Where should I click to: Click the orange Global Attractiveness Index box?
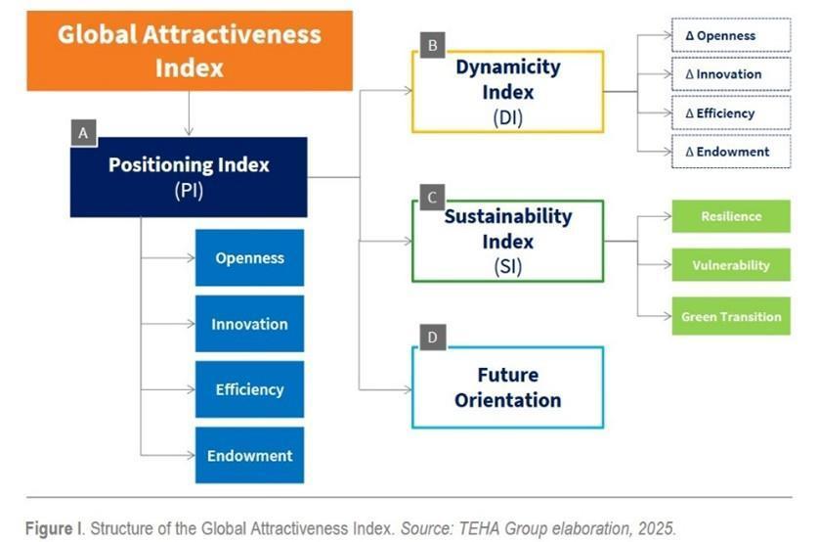click(190, 51)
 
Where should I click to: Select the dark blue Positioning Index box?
click(189, 177)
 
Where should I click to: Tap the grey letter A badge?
click(84, 133)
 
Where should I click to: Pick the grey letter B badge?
click(433, 45)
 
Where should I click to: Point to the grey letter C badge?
click(433, 198)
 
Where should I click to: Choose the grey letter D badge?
click(433, 338)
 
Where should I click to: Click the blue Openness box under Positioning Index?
click(249, 257)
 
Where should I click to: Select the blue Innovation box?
click(249, 324)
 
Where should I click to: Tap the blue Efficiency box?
click(249, 389)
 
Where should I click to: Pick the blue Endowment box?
click(249, 455)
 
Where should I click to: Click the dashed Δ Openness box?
click(731, 35)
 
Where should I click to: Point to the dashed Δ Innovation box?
click(731, 74)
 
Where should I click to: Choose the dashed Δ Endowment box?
click(731, 152)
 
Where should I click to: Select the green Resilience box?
click(731, 216)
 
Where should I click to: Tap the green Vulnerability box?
click(731, 265)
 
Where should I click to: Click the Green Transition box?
click(731, 316)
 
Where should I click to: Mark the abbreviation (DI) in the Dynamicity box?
click(507, 117)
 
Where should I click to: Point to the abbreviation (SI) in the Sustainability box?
click(507, 267)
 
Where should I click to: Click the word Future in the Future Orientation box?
click(507, 375)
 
